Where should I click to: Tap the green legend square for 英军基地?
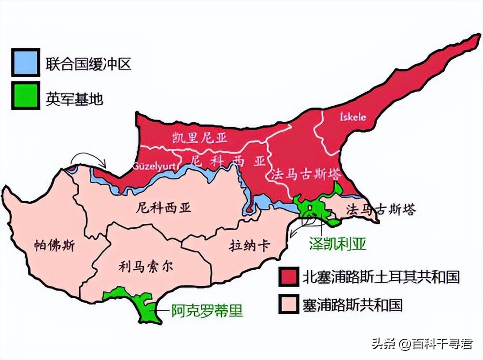[26, 96]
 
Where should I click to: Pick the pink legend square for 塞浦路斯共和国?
[289, 304]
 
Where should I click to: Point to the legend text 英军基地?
[74, 98]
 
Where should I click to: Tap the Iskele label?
[353, 117]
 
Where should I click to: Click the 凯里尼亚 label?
[199, 138]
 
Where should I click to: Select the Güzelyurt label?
[154, 166]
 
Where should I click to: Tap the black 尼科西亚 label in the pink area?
[164, 208]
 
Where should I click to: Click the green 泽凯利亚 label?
[338, 243]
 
